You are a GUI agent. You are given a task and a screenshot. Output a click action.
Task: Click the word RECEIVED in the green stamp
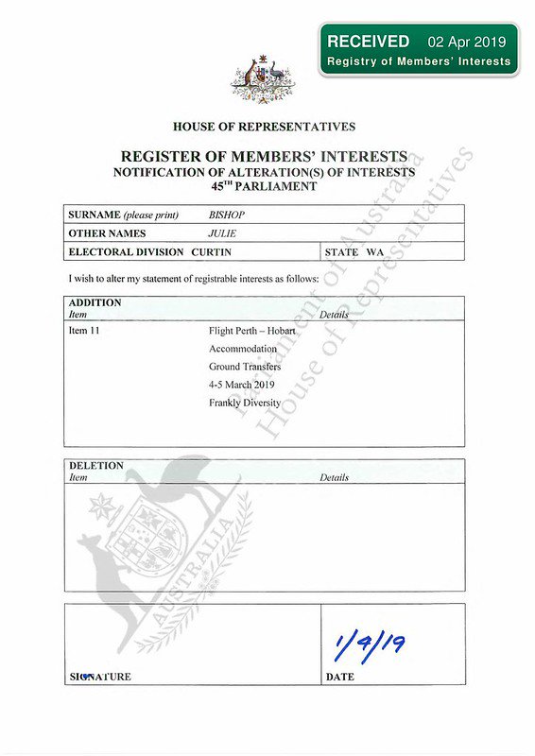(368, 42)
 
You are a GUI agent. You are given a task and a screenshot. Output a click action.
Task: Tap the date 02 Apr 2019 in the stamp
(467, 43)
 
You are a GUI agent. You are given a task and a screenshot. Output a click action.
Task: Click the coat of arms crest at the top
(263, 77)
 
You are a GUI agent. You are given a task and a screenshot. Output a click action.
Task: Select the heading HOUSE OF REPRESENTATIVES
(264, 127)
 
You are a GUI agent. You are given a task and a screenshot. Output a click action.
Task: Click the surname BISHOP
(227, 215)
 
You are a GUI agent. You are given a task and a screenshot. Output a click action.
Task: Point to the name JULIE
(222, 232)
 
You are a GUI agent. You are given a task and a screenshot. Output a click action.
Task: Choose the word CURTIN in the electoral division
(211, 252)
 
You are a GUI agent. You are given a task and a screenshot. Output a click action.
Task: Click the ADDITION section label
(95, 302)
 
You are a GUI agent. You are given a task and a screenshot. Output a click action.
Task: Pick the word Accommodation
(243, 349)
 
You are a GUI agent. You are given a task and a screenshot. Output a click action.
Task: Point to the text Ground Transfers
(245, 367)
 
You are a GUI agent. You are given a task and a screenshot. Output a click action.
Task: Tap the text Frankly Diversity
(245, 403)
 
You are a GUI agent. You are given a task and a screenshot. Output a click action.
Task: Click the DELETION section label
(96, 466)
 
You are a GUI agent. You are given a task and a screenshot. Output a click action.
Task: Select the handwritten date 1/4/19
(370, 645)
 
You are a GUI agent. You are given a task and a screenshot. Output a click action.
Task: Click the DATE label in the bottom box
(340, 678)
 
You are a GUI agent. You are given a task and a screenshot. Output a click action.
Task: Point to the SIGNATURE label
(100, 678)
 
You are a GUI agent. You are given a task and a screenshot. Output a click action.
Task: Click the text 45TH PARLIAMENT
(264, 186)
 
